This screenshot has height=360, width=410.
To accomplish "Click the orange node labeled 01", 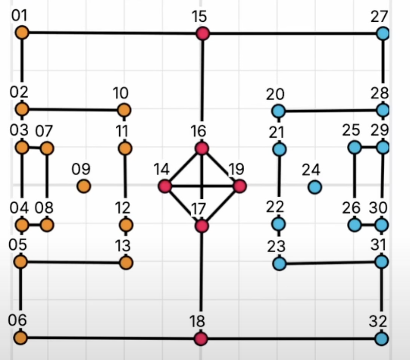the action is point(22,32).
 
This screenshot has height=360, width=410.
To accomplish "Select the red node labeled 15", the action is point(202,33).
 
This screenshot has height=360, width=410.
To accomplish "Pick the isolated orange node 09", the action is point(84,186).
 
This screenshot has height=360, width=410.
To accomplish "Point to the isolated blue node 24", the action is point(314,186).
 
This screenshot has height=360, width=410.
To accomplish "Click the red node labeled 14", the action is point(165,186).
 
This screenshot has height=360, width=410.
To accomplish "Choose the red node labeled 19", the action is point(239,186).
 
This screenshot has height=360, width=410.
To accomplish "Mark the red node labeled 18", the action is point(201,339).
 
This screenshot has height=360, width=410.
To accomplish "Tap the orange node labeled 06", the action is point(20,338).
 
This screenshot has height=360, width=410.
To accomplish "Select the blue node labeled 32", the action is point(381,338).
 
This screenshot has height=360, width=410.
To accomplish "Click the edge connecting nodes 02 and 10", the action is point(72,110).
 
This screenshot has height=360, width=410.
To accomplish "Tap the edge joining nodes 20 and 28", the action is point(330,111).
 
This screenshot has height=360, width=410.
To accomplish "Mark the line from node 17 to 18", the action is point(202,282).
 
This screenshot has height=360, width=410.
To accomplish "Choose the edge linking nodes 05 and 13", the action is point(72,262).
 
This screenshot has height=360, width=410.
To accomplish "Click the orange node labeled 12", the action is point(125,225).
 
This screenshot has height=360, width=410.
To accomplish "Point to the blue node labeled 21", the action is point(279,149).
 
